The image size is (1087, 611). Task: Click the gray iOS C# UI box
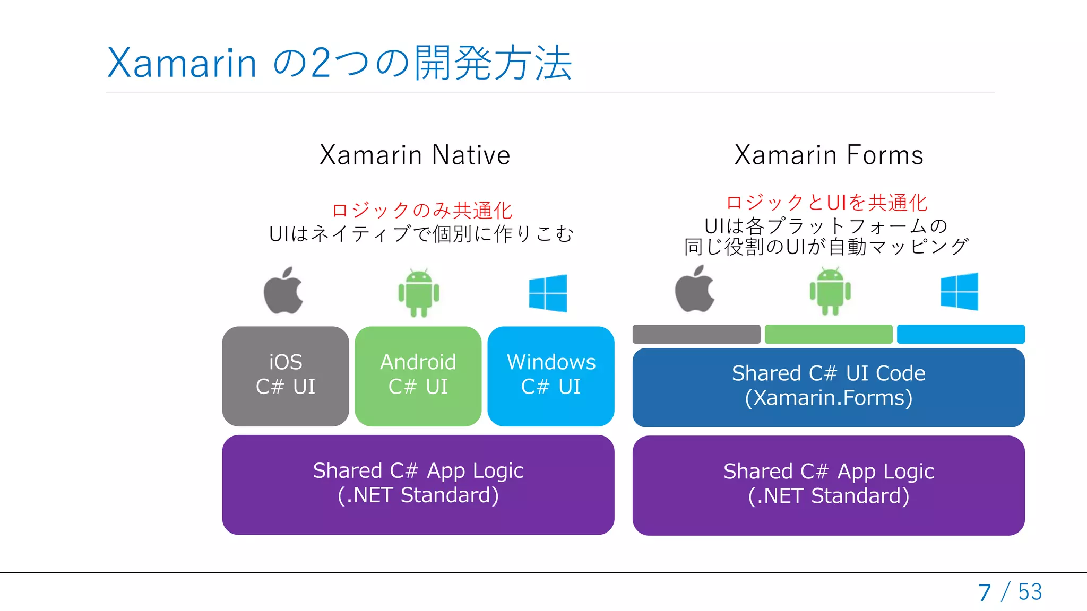point(286,376)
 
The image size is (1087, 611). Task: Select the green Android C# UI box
point(418,376)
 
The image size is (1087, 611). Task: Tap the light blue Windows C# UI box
point(551,376)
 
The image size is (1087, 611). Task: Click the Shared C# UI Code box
point(829,387)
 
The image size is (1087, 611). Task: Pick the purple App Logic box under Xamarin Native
point(418,484)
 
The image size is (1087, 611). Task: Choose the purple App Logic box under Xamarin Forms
point(829,485)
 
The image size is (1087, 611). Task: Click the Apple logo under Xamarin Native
point(283,291)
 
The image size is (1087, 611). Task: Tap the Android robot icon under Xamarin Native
point(419,293)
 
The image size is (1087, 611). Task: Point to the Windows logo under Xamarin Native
point(548,293)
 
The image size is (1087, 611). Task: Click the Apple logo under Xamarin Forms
point(694,289)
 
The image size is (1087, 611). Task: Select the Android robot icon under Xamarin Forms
point(830,291)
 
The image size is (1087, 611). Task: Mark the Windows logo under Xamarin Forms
point(960,291)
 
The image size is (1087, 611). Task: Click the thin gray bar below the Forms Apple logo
point(696,334)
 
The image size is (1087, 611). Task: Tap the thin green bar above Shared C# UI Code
point(829,334)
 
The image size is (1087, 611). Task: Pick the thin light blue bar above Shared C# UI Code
point(961,334)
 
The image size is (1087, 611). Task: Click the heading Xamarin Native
point(415,155)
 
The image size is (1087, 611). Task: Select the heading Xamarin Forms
point(829,155)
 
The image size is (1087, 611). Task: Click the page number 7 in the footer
point(985,592)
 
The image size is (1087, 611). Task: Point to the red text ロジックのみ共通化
point(422,211)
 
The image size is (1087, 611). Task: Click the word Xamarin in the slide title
point(182,63)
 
